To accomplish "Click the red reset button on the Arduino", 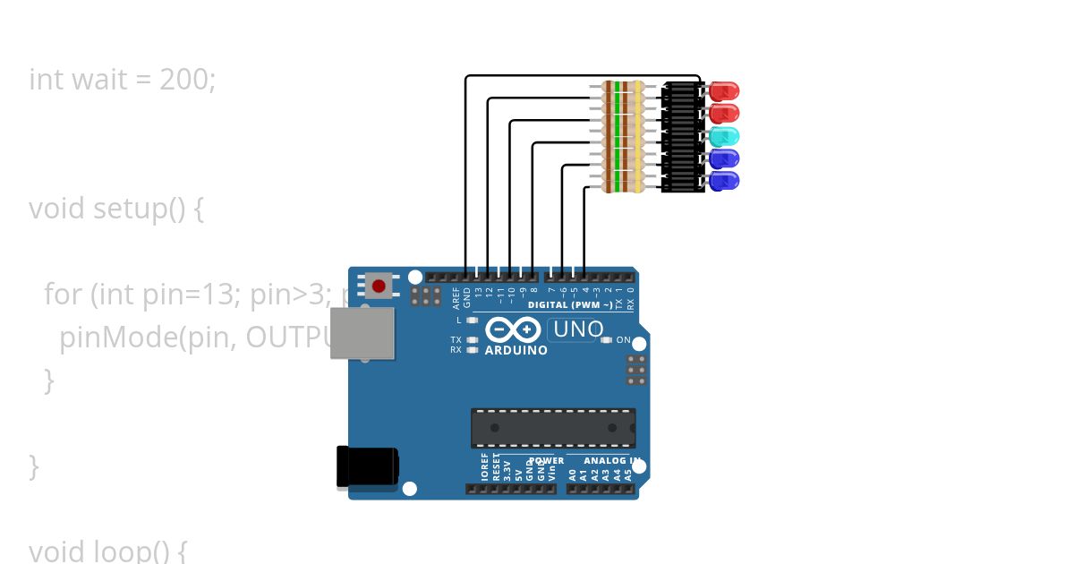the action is coord(379,286).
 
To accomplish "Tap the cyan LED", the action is coord(723,137).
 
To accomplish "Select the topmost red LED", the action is coord(723,90).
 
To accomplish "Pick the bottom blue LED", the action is coord(723,181).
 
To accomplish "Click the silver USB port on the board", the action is coord(362,333).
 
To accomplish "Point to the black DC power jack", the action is coord(367,466).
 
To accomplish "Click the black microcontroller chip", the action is coord(553,428).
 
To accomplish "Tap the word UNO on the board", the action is coord(578,329).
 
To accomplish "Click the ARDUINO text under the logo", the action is coord(516,351).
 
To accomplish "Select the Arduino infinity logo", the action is coord(515,330).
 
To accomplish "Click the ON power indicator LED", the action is coord(606,340).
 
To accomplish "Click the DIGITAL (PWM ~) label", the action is coord(570,305).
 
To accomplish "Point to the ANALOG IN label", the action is coord(611,461).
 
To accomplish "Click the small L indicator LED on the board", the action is coord(472,320).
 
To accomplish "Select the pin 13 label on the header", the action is coord(478,291).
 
